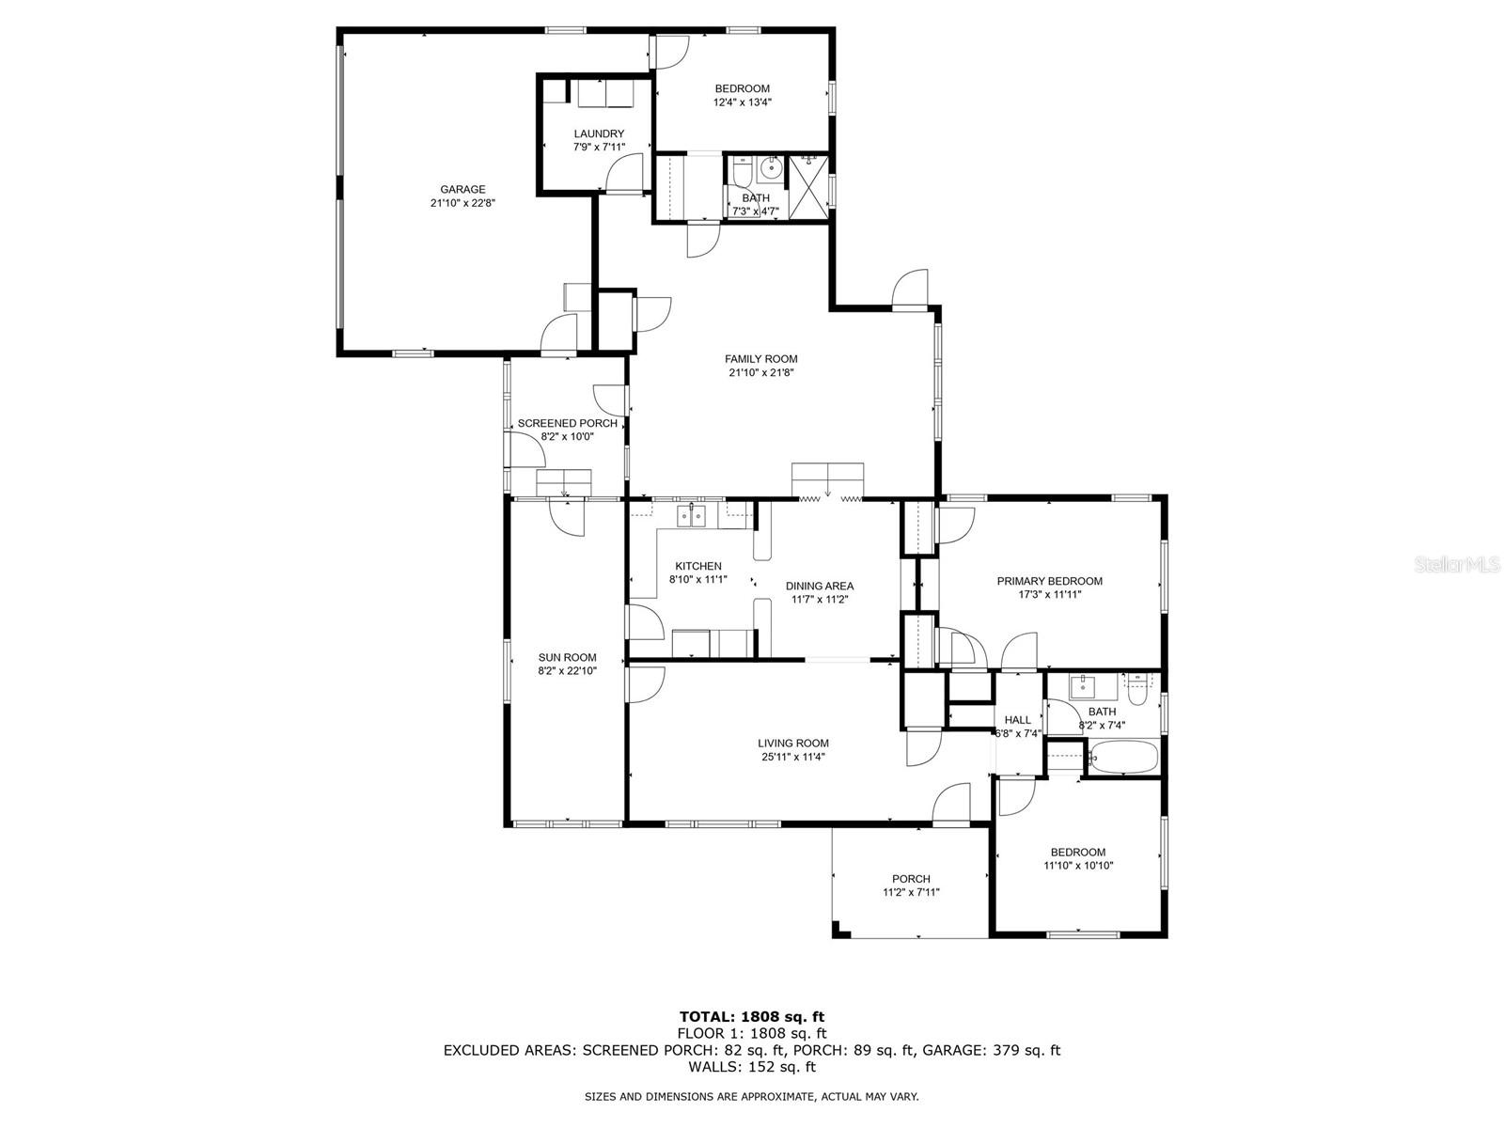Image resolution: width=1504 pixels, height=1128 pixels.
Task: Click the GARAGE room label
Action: [x=462, y=189]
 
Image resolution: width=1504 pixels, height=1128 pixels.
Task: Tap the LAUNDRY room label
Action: [x=599, y=133]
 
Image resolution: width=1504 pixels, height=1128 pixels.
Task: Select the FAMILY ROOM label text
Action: [x=760, y=358]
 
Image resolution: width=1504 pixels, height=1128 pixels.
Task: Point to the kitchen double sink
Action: [x=692, y=514]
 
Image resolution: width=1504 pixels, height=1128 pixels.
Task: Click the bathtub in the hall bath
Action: [x=1123, y=758]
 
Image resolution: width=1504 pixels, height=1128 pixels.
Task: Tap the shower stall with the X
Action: [x=808, y=186]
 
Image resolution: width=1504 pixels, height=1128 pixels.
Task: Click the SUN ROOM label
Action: [x=567, y=657]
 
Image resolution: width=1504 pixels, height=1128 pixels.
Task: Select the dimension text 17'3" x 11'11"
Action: [x=1049, y=595]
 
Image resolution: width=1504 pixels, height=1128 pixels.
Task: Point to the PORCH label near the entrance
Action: [x=911, y=879]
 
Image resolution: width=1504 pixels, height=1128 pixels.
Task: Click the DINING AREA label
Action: [x=820, y=586]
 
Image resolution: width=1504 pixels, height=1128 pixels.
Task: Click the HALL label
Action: [x=1017, y=720]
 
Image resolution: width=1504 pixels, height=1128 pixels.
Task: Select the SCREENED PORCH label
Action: [x=567, y=423]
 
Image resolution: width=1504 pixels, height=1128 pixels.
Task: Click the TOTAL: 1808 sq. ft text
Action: [x=751, y=1016]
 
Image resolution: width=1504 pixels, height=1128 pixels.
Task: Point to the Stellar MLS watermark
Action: [x=1466, y=565]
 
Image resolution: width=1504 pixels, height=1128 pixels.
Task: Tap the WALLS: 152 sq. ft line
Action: [x=751, y=1067]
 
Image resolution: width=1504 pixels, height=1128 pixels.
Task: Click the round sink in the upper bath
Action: [x=771, y=170]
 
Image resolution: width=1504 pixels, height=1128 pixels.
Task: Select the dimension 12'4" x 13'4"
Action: [x=742, y=102]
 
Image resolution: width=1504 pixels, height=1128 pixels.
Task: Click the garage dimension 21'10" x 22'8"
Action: [x=462, y=203]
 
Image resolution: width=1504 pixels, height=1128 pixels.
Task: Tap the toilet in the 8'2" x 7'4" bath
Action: [x=1138, y=692]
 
